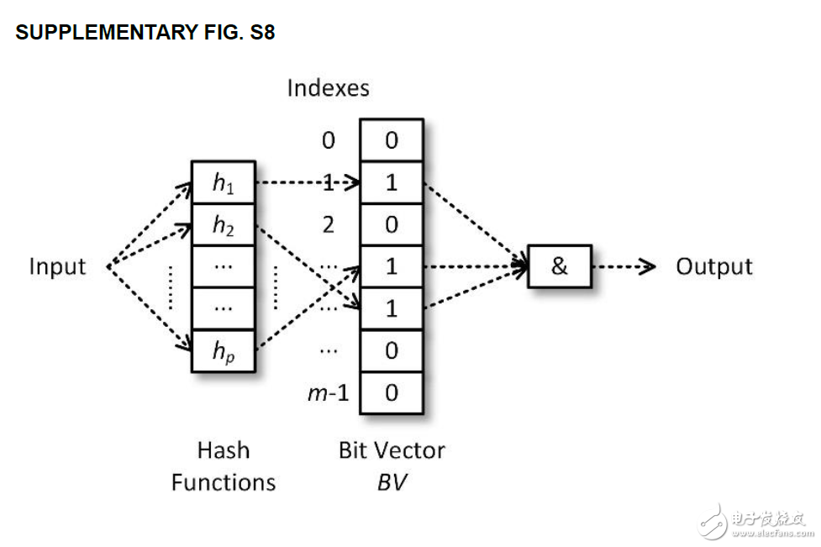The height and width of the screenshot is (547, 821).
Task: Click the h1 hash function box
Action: point(223,182)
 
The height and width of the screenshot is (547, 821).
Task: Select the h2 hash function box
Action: point(223,224)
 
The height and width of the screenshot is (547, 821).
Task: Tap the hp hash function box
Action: point(223,350)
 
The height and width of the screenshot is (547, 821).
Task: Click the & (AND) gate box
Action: point(559,266)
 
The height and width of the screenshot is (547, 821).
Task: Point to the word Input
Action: point(57,266)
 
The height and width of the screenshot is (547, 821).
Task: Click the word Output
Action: point(714,266)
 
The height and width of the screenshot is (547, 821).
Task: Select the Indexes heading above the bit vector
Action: point(328,87)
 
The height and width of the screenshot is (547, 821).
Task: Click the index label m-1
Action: point(328,392)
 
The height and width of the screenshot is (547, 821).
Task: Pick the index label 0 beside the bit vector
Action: point(328,140)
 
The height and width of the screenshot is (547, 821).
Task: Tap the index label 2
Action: point(328,224)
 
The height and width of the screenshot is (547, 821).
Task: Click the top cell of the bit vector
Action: point(392,140)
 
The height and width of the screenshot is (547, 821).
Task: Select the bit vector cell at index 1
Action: point(392,182)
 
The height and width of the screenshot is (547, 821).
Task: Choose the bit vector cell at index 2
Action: point(392,224)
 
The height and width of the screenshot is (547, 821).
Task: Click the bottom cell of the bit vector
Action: point(392,392)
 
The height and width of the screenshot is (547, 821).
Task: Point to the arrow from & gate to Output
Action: point(624,266)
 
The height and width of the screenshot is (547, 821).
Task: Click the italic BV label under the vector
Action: point(392,482)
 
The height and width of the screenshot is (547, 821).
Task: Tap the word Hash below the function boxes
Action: point(223,450)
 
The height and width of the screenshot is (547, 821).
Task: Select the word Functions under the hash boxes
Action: point(223,482)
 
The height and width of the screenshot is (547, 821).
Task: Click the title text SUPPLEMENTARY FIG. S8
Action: point(145,33)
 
